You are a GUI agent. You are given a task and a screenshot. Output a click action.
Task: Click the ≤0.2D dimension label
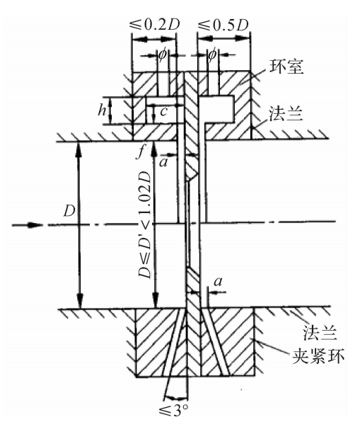pos(154,25)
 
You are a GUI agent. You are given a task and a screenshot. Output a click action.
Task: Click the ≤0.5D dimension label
pos(223,25)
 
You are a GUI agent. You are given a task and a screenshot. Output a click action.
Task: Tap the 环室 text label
pos(286,67)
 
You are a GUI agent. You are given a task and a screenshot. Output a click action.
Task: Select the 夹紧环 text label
pos(318,356)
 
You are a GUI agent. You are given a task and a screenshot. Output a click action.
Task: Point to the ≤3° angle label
pos(173,410)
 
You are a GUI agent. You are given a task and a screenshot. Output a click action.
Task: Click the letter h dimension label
pos(102,110)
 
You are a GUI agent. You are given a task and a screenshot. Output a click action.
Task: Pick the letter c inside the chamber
pos(164,111)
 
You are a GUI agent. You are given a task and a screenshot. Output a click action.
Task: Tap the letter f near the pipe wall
pos(140,153)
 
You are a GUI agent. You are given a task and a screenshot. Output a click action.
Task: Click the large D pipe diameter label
pos(69,211)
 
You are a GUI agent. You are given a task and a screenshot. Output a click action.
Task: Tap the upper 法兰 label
pos(286,114)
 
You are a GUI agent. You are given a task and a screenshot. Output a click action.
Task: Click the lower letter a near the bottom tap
pos(219,282)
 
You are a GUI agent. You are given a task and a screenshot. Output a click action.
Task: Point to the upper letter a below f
pos(163,162)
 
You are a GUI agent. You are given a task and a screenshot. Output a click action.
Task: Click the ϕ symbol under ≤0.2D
pos(163,55)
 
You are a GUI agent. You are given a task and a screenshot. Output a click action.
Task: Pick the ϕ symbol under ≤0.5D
pos(212,55)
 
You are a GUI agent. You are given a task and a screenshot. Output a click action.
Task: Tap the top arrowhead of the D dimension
pos(79,149)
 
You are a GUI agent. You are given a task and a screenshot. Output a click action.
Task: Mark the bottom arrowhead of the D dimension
pos(79,301)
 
